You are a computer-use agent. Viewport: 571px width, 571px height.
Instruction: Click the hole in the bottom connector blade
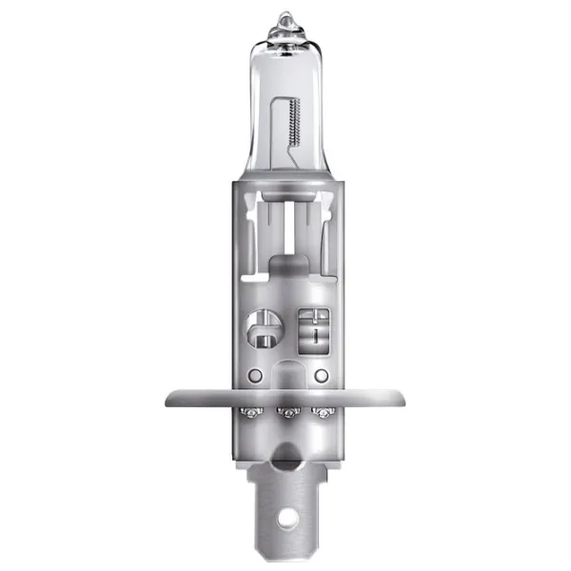(x=286, y=521)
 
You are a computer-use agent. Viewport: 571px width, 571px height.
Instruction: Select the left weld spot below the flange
(x=252, y=412)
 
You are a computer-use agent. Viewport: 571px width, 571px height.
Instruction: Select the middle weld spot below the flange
(x=285, y=413)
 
